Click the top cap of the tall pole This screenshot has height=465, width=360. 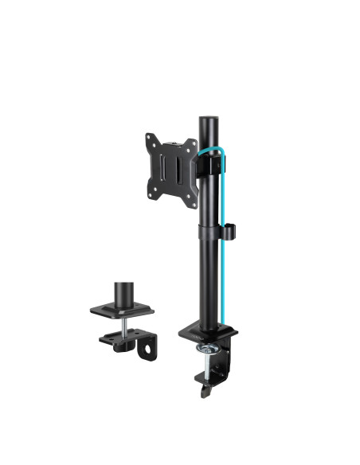(x=208, y=120)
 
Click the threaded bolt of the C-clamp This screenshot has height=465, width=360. (x=209, y=365)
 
